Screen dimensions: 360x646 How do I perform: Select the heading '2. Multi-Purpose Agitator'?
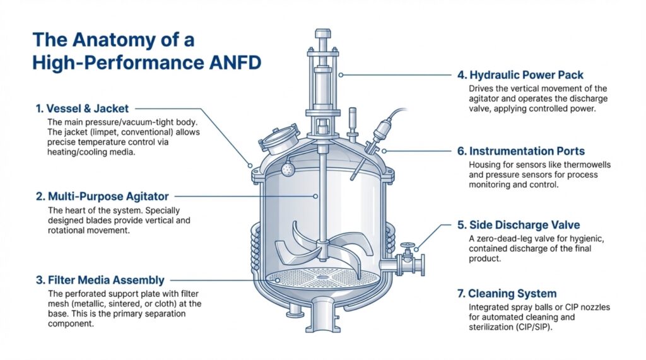[102, 197]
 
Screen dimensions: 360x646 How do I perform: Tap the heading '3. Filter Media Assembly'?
[100, 280]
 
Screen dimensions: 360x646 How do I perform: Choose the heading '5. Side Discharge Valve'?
[518, 225]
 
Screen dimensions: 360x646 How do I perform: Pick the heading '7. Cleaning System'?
[507, 293]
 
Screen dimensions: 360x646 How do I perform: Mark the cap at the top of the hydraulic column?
[323, 33]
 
